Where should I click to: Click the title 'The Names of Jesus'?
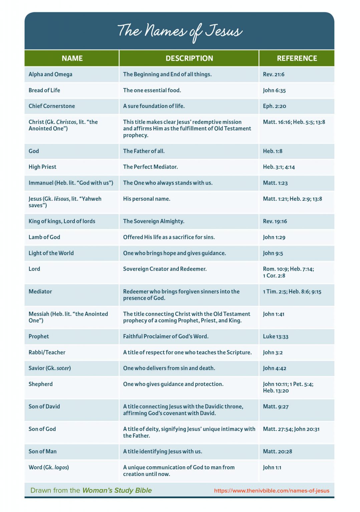coord(180,31)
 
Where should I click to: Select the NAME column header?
coord(72,58)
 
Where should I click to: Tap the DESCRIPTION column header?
coord(189,58)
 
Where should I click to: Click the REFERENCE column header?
coord(297,58)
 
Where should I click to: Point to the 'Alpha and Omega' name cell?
coord(50,74)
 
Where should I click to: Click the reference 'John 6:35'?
coord(274,90)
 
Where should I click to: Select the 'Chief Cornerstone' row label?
coord(52,106)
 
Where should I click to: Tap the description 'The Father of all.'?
coord(144,151)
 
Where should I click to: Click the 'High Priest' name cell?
coord(42,167)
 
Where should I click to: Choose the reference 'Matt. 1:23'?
coord(275,183)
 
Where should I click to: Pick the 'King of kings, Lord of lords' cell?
coord(62,221)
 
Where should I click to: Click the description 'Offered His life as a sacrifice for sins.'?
coord(169,237)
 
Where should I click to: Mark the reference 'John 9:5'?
coord(273,253)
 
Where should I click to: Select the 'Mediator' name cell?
coord(40,291)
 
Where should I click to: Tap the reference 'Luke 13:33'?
coord(276,336)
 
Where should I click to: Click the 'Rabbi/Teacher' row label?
coord(47,352)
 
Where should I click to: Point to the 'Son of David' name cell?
coord(44,406)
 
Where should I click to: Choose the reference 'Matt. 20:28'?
coord(278,451)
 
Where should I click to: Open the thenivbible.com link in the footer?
coord(272,491)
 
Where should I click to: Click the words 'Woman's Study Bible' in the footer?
coord(117,490)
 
